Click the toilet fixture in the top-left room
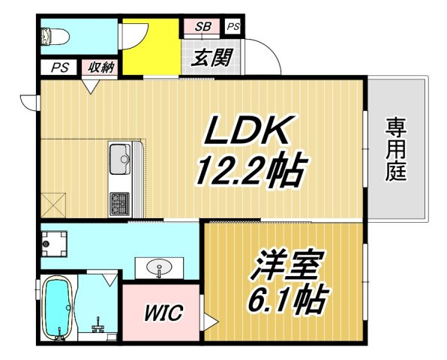55,37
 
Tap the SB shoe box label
202,26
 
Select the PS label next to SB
233,27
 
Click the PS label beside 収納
60,67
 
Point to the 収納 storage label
100,67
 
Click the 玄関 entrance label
211,58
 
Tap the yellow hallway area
151,47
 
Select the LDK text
245,130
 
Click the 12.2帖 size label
250,171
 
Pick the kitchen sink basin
120,159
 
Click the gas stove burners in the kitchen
120,204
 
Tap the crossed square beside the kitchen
53,205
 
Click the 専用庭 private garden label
396,150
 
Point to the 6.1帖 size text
288,299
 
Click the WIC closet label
163,313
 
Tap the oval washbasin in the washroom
159,267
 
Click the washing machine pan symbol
54,244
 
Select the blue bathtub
56,308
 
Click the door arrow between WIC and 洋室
211,322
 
